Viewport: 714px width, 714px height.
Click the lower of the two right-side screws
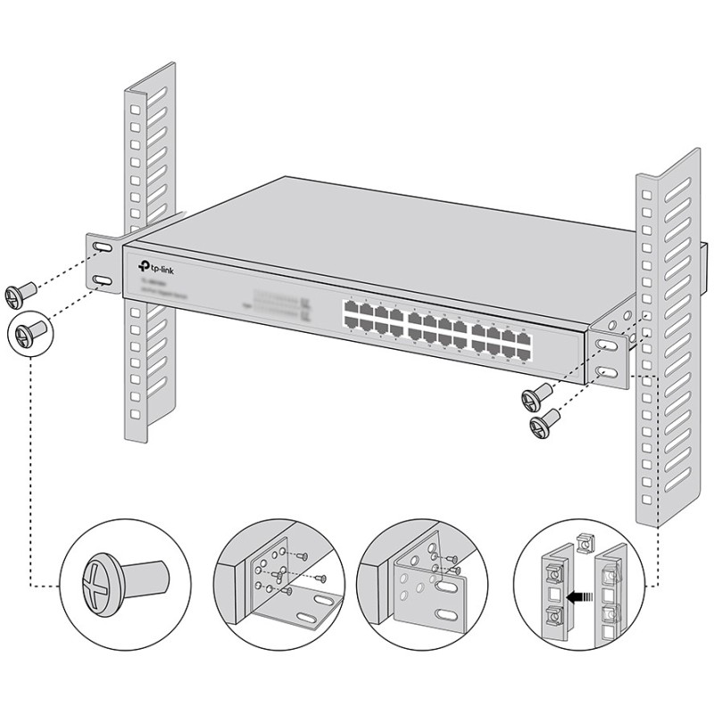(545, 420)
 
